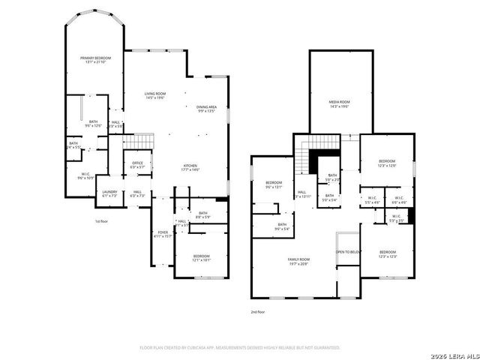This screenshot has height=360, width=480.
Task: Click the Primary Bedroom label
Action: click(x=96, y=60)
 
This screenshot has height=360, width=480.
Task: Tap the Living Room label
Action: click(x=154, y=95)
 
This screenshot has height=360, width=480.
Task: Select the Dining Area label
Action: click(x=206, y=109)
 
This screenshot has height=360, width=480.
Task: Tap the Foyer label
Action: click(x=163, y=234)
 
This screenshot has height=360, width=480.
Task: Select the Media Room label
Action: click(x=340, y=103)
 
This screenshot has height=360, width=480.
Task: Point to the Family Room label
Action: click(x=298, y=261)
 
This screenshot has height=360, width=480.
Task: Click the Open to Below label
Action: click(x=349, y=252)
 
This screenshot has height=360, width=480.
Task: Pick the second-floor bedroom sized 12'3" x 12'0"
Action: click(x=387, y=163)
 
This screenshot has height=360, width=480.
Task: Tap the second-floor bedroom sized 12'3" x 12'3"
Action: click(x=387, y=253)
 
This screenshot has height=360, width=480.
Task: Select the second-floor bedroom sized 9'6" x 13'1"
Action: click(x=274, y=184)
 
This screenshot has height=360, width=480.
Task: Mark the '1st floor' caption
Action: click(x=102, y=221)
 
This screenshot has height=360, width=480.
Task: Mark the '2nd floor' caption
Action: click(x=258, y=311)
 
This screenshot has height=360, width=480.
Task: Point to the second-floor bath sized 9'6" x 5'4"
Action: click(x=282, y=226)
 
